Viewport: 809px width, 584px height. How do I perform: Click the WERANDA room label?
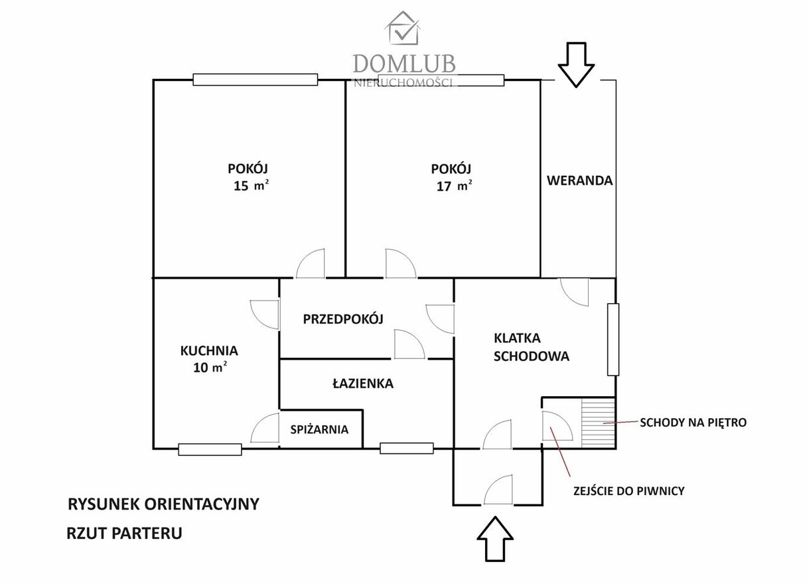[x=579, y=181]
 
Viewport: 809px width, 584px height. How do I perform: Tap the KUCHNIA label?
[x=209, y=350]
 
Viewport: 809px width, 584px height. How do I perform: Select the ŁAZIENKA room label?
[x=362, y=383]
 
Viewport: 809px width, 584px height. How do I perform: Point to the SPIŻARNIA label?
[x=319, y=429]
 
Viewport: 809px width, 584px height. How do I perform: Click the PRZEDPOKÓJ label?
[x=343, y=319]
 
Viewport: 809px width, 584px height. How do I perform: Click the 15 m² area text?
[x=250, y=186]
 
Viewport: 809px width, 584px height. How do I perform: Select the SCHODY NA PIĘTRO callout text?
[x=693, y=422]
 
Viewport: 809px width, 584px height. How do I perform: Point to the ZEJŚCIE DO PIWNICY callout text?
[x=627, y=491]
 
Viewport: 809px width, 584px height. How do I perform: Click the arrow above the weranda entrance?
[x=575, y=64]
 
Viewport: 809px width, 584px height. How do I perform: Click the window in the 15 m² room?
[x=255, y=80]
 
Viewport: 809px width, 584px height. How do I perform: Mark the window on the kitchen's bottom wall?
[x=210, y=449]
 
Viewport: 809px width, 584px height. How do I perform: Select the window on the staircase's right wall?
[x=613, y=340]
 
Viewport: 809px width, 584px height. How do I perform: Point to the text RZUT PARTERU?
[x=124, y=533]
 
